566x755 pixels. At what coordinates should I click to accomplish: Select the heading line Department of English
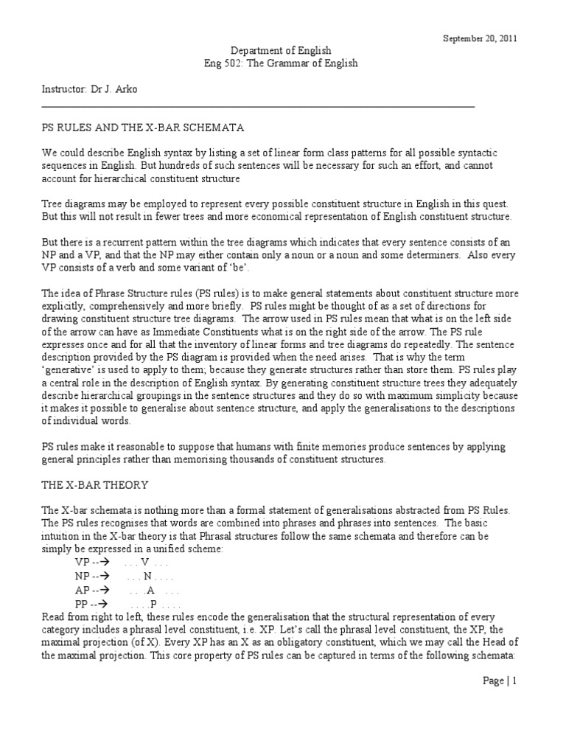coord(281,51)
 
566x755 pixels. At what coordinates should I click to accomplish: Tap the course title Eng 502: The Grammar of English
coord(281,63)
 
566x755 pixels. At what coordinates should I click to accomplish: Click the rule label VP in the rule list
coord(82,561)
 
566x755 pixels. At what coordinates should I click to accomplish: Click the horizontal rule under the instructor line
coord(258,105)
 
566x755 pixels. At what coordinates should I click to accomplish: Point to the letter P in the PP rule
coord(153,603)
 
